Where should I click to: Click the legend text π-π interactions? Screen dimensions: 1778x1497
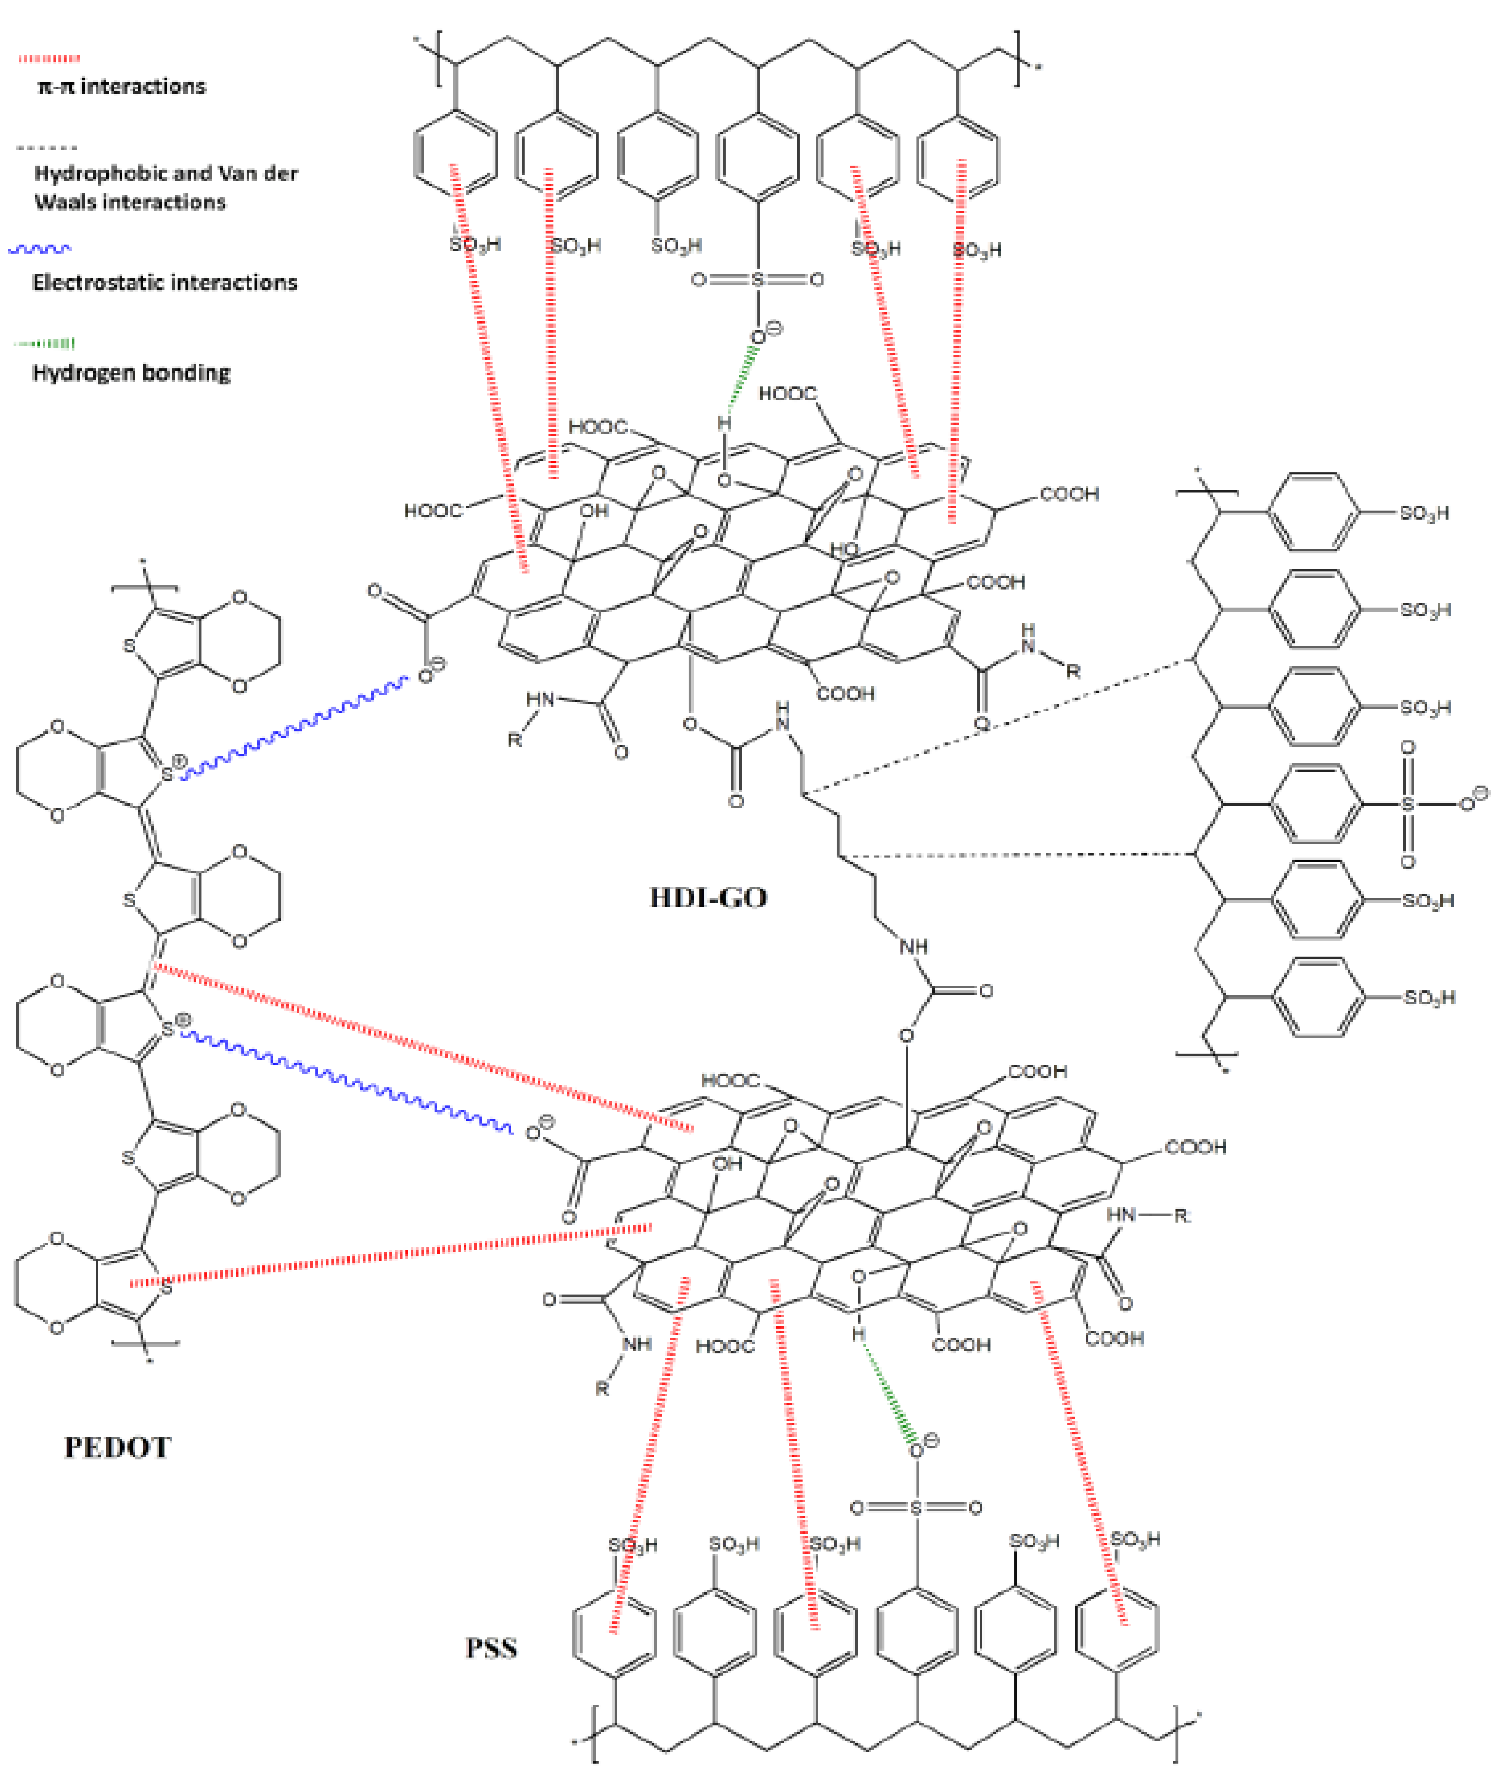(121, 87)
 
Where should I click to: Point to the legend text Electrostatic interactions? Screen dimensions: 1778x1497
(164, 282)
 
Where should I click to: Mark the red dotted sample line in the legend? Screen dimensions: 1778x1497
(49, 58)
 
